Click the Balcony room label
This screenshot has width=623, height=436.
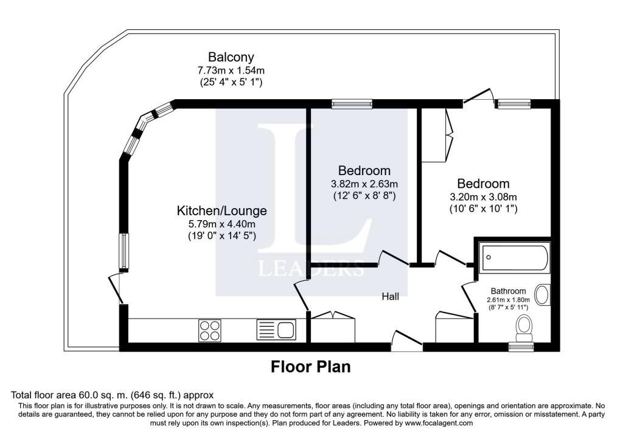coord(231,57)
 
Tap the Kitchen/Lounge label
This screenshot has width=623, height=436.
coord(221,211)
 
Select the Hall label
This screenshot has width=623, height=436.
coord(391,297)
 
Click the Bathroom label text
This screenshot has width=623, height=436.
coord(510,291)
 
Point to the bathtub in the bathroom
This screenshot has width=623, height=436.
coord(514,258)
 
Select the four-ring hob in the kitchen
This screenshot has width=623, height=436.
coord(210,330)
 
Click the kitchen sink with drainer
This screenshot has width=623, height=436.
coord(276,330)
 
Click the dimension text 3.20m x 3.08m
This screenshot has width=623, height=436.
coord(483,197)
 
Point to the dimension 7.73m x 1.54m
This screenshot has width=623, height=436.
coord(231,71)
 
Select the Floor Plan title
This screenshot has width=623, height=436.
coord(311,367)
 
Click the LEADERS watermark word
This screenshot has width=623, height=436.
coord(312,268)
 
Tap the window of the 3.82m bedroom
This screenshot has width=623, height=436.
coord(352,105)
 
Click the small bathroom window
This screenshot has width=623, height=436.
coord(521,347)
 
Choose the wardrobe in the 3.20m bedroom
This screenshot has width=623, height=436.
coord(437,135)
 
